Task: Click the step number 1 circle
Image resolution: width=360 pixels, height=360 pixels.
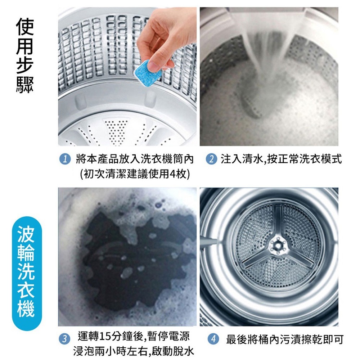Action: tap(64, 159)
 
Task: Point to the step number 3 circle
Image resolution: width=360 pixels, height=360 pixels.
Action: tap(64, 339)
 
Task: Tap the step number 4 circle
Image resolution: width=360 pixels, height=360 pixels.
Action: tap(213, 339)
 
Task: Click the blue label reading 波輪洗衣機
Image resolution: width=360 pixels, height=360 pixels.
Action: tap(27, 273)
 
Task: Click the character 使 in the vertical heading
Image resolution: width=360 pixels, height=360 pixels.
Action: tap(25, 27)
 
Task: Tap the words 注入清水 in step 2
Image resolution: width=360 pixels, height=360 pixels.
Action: tap(242, 159)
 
